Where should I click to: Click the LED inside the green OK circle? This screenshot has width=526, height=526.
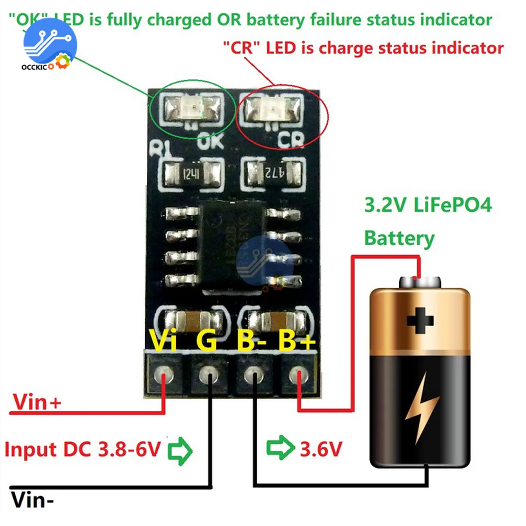[190, 109]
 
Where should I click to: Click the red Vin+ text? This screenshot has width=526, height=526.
[37, 403]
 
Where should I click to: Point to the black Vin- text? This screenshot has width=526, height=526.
[32, 498]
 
